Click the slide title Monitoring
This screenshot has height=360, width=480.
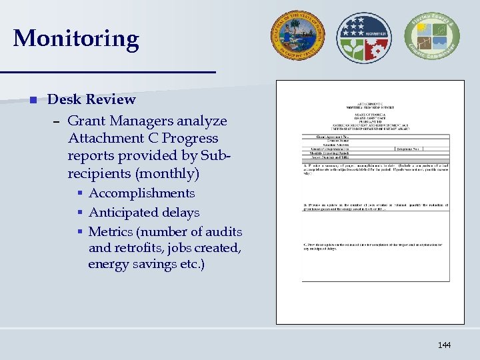click(x=76, y=39)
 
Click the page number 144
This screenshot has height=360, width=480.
click(x=444, y=345)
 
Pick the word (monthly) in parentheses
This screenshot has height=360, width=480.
click(x=166, y=174)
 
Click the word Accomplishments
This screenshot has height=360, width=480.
click(x=141, y=193)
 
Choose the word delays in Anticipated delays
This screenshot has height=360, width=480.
click(x=178, y=213)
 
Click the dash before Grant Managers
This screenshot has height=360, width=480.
click(x=57, y=122)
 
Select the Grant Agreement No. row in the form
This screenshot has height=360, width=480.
click(x=327, y=136)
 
